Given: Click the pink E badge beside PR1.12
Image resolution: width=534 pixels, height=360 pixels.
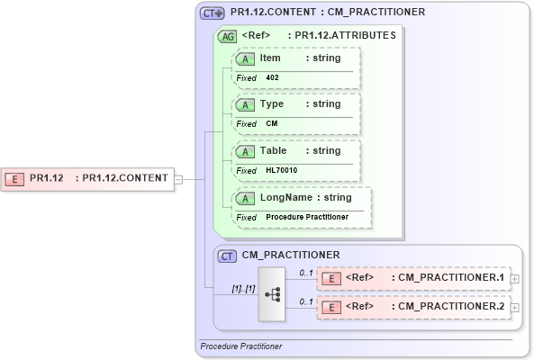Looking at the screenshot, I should point(14,177).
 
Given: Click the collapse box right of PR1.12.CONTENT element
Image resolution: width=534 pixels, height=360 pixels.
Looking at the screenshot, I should point(177,178).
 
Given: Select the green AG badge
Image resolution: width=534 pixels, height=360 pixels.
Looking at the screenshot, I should point(230,36).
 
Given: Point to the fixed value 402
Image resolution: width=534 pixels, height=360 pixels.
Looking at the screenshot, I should point(272,78).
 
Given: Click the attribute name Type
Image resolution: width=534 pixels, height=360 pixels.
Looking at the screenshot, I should point(272,103).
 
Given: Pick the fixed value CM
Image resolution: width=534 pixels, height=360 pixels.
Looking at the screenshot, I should point(271,123).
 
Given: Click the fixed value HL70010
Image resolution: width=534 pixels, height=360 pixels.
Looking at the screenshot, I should point(282,170).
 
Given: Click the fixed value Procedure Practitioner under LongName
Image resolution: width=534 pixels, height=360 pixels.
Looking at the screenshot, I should point(307,217).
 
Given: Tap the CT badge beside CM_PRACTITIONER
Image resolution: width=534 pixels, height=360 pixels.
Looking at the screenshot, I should point(229,256).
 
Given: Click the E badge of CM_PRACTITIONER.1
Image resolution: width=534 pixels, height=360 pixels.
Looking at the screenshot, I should point(331,278).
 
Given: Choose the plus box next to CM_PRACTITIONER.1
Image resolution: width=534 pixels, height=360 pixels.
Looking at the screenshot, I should point(514,279).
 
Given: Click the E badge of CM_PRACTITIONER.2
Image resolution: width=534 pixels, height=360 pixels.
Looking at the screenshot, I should point(331,308).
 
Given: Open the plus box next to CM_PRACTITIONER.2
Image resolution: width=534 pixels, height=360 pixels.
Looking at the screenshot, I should point(514,308).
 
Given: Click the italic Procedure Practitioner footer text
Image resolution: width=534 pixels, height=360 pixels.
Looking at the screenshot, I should point(240,346).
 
